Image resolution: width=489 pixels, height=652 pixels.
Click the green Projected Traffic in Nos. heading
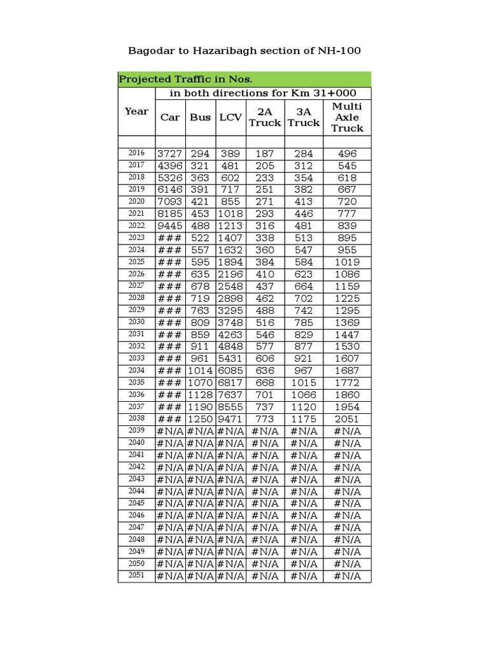[x=186, y=80]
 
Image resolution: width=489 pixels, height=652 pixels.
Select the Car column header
[x=170, y=117]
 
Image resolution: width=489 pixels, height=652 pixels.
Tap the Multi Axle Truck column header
[x=347, y=117]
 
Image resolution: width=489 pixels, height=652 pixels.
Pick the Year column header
[x=136, y=111]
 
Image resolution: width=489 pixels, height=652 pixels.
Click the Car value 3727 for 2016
[x=170, y=153]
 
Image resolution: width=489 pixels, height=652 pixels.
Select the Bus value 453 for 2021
[x=200, y=214]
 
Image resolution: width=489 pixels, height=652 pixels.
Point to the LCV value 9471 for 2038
[x=230, y=419]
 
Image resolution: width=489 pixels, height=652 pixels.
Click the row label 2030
[x=136, y=322]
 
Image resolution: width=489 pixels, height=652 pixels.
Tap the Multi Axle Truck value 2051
[x=347, y=419]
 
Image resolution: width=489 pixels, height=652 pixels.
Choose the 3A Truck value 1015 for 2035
[x=304, y=383]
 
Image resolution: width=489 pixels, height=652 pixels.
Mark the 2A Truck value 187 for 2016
[x=265, y=153]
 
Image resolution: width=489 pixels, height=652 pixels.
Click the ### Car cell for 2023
[x=170, y=238]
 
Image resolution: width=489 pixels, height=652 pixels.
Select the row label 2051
[x=136, y=576]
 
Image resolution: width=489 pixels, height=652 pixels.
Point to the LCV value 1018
[x=230, y=214]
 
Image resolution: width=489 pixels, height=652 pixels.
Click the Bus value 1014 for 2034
[x=200, y=371]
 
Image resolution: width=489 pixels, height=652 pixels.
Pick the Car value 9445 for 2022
[x=170, y=226]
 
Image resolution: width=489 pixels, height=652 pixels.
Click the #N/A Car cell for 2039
[x=170, y=431]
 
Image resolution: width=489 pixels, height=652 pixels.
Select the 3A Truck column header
[x=304, y=117]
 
